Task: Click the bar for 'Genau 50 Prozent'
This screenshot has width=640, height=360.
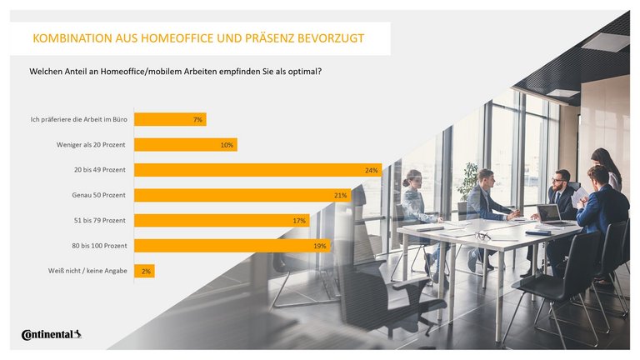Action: (242, 195)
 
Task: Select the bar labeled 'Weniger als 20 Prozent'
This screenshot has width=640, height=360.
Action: (185, 145)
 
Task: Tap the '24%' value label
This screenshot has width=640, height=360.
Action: (371, 170)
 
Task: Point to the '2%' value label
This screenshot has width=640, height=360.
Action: (146, 271)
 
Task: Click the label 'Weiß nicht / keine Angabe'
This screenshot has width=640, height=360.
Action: (87, 271)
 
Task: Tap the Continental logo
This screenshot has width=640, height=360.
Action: (51, 335)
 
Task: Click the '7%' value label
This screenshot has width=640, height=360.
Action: (197, 120)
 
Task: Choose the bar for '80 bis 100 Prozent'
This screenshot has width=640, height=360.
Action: (232, 246)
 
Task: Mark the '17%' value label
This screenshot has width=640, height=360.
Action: (299, 221)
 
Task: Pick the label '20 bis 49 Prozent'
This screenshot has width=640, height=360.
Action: (99, 170)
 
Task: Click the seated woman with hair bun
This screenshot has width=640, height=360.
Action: (414, 200)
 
